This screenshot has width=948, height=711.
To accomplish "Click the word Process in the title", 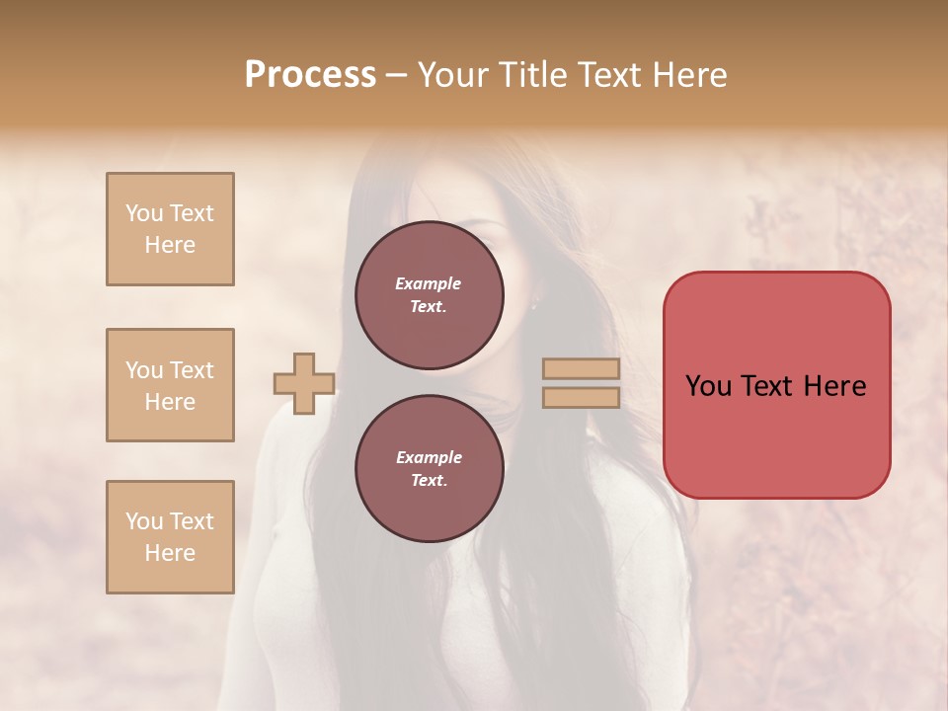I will [310, 75].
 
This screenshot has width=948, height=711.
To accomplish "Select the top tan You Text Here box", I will [170, 229].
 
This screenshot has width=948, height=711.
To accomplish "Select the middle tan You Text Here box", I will [170, 385].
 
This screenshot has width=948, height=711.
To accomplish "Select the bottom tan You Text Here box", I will [170, 536].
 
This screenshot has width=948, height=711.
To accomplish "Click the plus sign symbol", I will [304, 383].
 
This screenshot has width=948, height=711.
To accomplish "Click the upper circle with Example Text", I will [430, 294].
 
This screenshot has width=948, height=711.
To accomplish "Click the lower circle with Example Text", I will [430, 468].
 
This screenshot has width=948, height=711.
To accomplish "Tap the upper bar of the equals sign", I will [582, 369].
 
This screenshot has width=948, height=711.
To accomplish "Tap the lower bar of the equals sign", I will [582, 397].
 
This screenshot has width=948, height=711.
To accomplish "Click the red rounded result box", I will [776, 434].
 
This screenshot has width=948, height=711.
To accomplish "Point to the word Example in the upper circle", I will [429, 283].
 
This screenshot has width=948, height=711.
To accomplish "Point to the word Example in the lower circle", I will [429, 457].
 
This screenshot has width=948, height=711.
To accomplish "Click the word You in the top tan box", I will [144, 213].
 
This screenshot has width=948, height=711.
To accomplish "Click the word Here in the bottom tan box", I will [170, 553].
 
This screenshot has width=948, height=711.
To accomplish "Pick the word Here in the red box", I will [834, 386].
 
